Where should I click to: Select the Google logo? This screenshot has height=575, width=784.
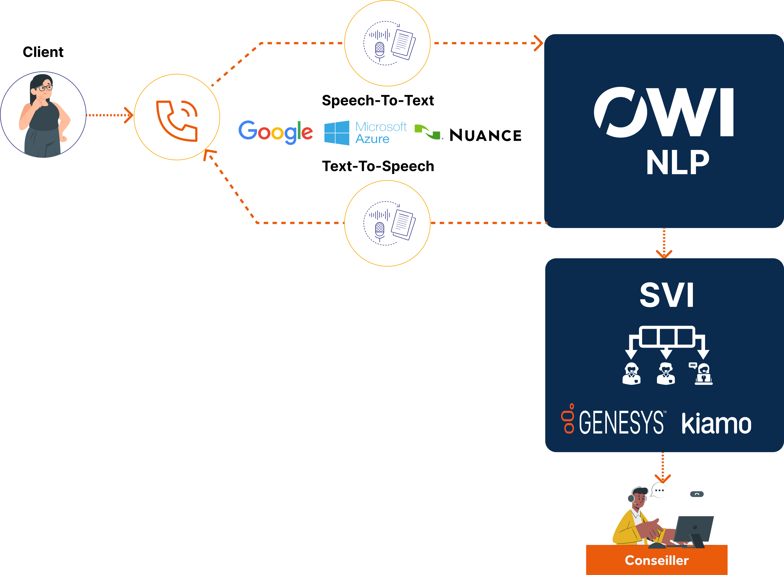276,132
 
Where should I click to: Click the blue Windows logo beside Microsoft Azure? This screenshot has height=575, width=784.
337,133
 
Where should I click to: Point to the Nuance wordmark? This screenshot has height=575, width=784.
485,136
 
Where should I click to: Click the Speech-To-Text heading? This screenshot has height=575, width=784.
378,101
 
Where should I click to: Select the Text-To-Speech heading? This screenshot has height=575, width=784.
378,166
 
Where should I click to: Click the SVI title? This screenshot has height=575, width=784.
667,295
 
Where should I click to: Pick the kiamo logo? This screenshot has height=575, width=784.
716,423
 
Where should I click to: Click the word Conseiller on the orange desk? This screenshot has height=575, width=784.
657,560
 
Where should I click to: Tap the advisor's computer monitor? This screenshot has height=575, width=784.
693,531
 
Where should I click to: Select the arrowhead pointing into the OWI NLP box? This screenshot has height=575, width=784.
539,43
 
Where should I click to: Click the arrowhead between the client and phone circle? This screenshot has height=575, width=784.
129,115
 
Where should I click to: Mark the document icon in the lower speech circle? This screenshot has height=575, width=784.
403,225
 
